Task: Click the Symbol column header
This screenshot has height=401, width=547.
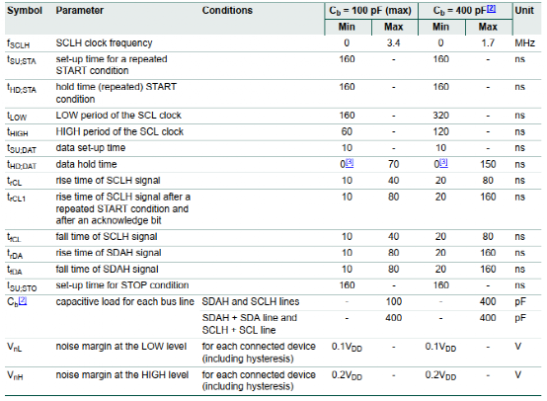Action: point(25,11)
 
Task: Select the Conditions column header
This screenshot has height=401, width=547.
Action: point(227,11)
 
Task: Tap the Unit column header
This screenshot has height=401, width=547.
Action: point(524,11)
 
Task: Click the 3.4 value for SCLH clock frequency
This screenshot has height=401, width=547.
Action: point(393,42)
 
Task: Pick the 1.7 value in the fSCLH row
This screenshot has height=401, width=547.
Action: point(488,42)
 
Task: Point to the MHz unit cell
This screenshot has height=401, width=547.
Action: point(524,42)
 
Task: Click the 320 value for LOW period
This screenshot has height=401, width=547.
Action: point(441,116)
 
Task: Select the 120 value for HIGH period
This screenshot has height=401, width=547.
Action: point(441,132)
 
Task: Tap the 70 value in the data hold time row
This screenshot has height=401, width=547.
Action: point(394,164)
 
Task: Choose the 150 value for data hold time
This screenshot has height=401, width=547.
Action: point(488,164)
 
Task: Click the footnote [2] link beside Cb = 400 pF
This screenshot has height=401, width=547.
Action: point(491,9)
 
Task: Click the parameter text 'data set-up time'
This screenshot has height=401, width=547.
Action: point(91,148)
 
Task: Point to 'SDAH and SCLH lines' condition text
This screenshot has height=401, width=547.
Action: point(251,301)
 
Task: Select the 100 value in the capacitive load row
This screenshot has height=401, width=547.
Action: point(394,301)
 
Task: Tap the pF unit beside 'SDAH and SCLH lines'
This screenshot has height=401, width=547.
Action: point(520,302)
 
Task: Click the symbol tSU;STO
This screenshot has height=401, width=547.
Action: point(22,286)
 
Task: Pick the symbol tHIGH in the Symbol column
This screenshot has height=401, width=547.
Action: point(18,132)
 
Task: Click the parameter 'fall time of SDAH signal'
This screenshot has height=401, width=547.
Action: point(107,269)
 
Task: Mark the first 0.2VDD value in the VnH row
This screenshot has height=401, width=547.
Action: point(347,375)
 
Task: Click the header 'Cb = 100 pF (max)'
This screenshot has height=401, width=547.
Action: point(370,11)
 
